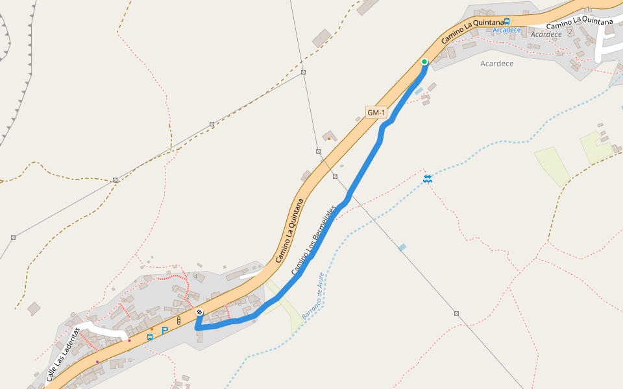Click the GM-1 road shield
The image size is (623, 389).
[x=376, y=113]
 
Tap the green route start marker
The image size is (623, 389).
[x=424, y=62]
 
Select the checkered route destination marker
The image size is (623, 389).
[x=199, y=312]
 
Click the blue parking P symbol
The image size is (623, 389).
[x=165, y=330]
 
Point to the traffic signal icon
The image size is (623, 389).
[x=178, y=320]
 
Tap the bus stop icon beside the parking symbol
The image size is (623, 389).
[x=150, y=336]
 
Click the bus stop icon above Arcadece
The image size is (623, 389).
[x=507, y=21]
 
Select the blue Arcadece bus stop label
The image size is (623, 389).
[x=506, y=30]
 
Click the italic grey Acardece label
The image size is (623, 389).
[x=545, y=34]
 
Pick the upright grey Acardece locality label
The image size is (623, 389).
[x=496, y=64]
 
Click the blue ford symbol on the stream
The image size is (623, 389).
[x=428, y=178]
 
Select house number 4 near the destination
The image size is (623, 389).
[x=195, y=277]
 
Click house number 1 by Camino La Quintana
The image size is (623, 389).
[x=588, y=9]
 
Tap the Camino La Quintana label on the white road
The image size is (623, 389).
[x=580, y=25]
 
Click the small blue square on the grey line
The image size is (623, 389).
[x=402, y=247]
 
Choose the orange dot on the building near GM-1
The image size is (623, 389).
[x=329, y=138]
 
